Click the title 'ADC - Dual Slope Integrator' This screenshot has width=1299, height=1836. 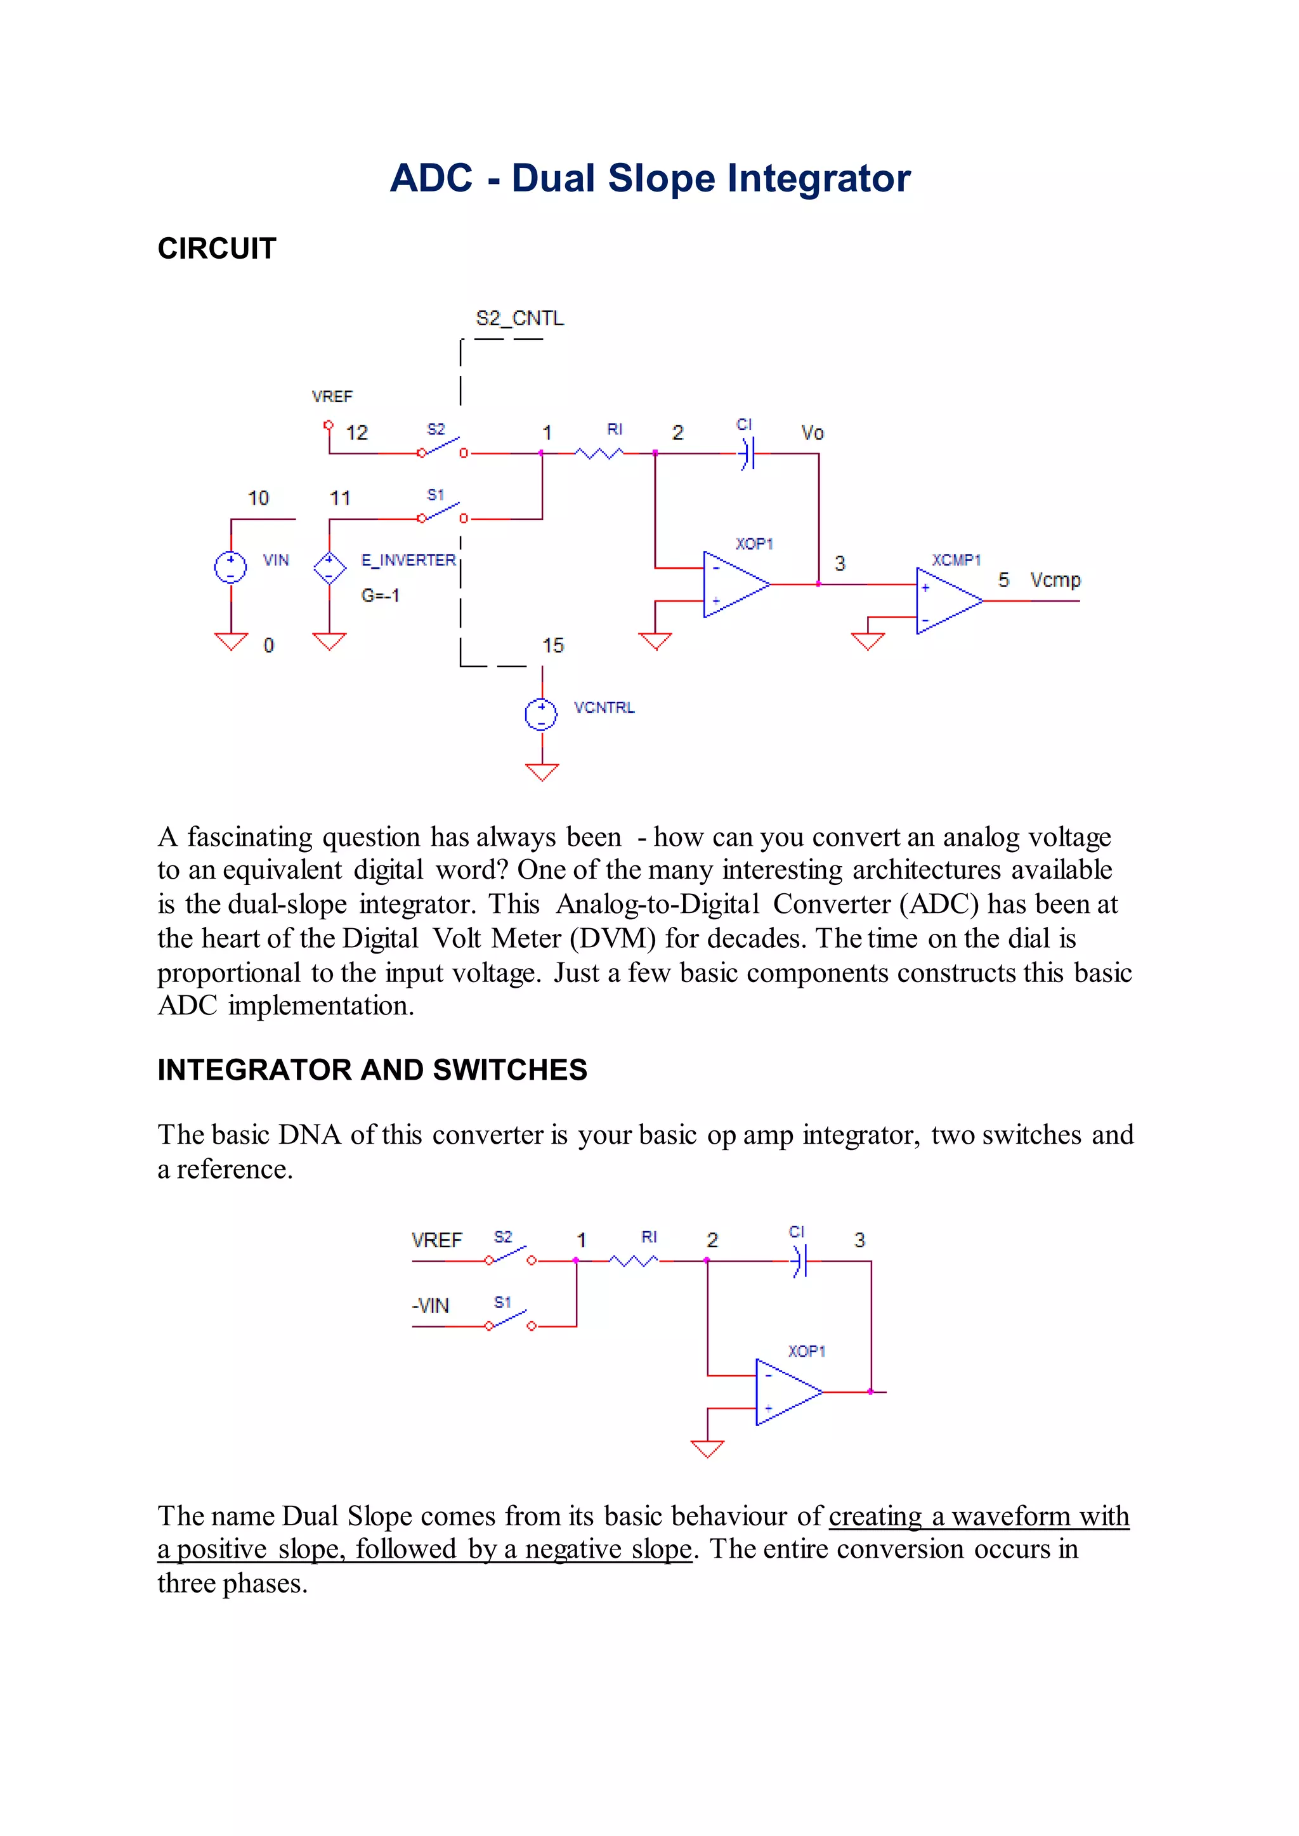click(649, 178)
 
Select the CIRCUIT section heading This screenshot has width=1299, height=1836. click(217, 249)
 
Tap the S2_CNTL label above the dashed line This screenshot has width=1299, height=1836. click(520, 318)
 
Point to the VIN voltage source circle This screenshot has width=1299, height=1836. click(230, 568)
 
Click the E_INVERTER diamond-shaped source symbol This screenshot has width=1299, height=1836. click(329, 568)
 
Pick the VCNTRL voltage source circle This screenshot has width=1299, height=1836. click(542, 714)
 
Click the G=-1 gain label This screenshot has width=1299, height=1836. click(380, 596)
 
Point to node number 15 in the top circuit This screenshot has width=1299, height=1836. click(552, 645)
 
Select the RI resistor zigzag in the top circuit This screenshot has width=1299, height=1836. click(599, 453)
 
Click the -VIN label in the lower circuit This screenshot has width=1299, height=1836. click(430, 1306)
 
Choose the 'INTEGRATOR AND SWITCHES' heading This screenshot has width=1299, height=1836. click(372, 1070)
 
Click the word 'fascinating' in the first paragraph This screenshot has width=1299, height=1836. click(249, 837)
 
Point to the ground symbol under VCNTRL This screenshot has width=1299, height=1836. click(542, 772)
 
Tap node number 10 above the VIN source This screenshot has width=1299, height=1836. click(258, 498)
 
